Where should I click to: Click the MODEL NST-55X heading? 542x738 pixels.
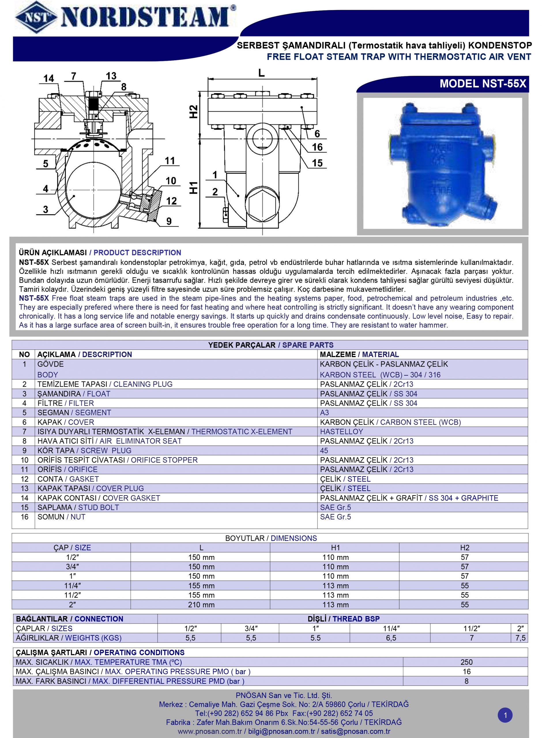pos(483,84)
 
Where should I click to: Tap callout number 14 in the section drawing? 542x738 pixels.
pos(48,78)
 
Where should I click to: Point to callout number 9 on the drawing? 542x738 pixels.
pos(169,221)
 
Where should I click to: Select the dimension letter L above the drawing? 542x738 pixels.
pos(261,73)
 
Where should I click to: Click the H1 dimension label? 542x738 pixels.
pos(194,187)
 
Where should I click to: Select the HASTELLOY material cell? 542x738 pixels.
pos(342,432)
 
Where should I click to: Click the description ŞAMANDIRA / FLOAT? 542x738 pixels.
pos(74,394)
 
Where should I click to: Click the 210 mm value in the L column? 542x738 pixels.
pos(201,605)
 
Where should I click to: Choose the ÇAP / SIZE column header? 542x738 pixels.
pos(72,547)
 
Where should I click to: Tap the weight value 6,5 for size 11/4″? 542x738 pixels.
pos(391,638)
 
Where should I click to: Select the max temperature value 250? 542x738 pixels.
pos(466,662)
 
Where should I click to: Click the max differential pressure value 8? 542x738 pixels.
pos(466,681)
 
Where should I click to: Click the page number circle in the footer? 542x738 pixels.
pos(505,715)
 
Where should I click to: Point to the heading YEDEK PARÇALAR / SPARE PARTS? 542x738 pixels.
pos(271,345)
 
